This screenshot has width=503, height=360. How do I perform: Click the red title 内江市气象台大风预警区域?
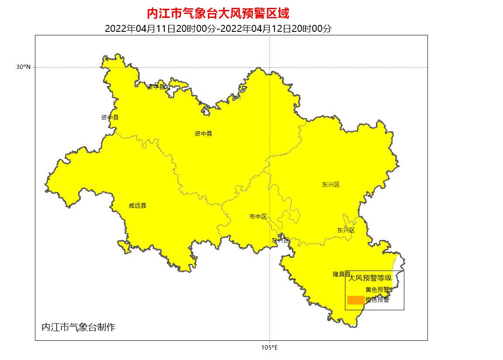click(x=218, y=14)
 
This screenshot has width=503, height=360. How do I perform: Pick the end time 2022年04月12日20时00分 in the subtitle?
click(x=276, y=29)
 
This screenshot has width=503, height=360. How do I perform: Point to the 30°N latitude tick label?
click(x=24, y=67)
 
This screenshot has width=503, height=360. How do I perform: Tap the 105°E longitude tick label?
click(x=269, y=347)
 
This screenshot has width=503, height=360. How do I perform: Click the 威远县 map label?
click(x=138, y=206)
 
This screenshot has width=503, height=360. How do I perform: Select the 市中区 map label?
click(x=258, y=216)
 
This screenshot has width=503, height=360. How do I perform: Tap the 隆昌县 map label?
click(x=341, y=274)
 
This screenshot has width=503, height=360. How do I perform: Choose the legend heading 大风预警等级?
click(x=370, y=278)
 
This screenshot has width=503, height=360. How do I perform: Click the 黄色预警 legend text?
click(x=377, y=289)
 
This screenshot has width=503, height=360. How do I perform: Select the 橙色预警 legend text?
click(x=377, y=300)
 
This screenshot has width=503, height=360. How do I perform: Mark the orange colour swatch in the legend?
click(x=355, y=300)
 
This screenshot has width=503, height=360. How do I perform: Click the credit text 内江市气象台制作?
click(x=79, y=327)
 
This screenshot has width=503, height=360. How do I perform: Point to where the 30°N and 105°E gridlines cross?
click(x=269, y=67)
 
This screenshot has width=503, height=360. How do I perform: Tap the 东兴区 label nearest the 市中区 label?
click(x=280, y=240)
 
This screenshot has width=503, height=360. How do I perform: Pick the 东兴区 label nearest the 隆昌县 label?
click(x=346, y=230)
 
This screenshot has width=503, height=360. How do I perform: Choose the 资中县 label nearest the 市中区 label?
click(x=203, y=134)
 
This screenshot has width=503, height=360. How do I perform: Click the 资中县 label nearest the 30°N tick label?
click(x=110, y=117)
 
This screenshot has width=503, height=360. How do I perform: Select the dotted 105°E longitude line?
click(x=269, y=305)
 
